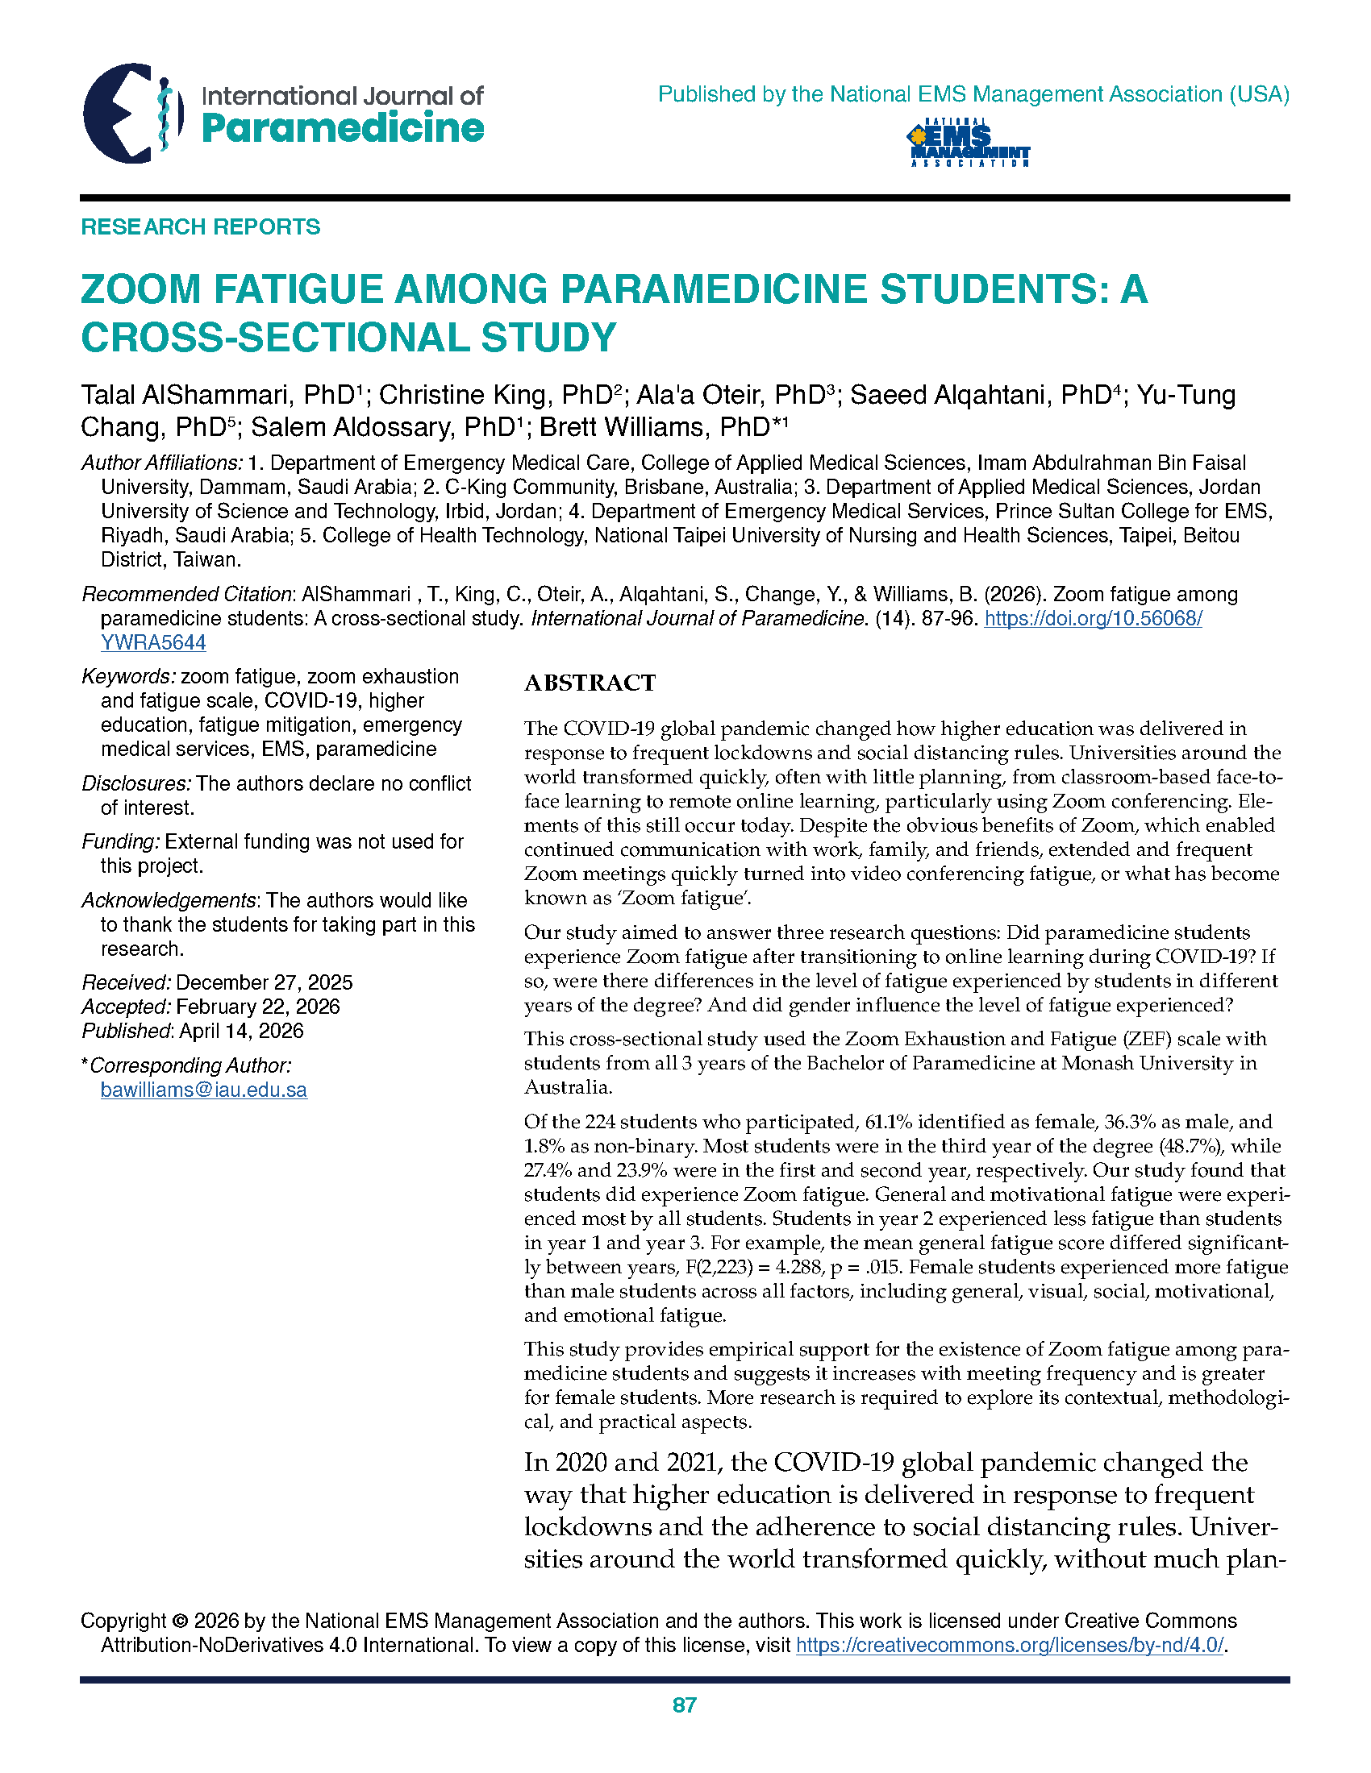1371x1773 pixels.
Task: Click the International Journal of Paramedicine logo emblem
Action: [x=128, y=114]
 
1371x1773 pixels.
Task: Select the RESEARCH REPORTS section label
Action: [x=200, y=226]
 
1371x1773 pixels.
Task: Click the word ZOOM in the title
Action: [x=140, y=290]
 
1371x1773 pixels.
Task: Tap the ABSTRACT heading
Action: [x=590, y=683]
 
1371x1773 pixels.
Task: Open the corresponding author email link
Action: [x=203, y=1090]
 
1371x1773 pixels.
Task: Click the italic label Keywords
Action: [x=128, y=677]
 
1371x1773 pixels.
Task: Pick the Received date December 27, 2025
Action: [x=264, y=983]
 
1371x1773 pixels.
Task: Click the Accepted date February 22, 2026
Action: [x=257, y=1007]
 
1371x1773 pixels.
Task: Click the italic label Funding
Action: [x=120, y=842]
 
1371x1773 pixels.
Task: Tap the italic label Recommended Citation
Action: [x=187, y=594]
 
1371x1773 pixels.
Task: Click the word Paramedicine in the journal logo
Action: [x=342, y=128]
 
